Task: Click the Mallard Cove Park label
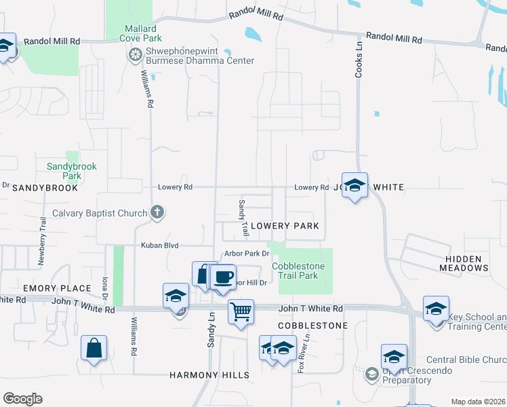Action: (140, 34)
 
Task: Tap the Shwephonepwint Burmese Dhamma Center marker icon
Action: (136, 52)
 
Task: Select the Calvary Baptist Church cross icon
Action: (157, 213)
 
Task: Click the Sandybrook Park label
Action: (72, 171)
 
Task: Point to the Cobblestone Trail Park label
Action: (299, 271)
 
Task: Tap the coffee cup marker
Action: (223, 277)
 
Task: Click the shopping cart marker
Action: (241, 312)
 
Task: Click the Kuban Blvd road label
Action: (159, 246)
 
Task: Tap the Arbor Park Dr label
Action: (242, 254)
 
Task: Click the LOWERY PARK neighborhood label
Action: (284, 225)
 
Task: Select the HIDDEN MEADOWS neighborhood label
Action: (467, 263)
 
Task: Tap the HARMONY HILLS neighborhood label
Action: (209, 375)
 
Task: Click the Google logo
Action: (22, 399)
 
